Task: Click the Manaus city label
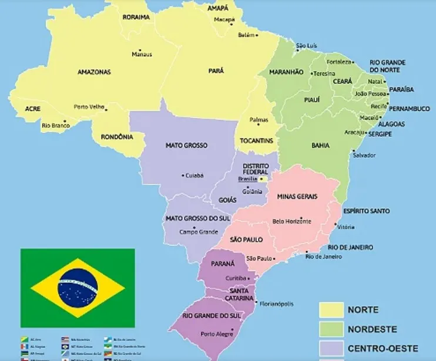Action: [x=142, y=55]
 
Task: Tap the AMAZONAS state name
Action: [x=94, y=72]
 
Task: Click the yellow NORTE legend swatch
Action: [x=331, y=310]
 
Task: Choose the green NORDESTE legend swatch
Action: [x=331, y=329]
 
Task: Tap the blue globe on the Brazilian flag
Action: [x=78, y=288]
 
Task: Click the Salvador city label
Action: [x=364, y=155]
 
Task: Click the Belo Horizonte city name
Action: [x=292, y=221]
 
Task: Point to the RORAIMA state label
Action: [x=136, y=18]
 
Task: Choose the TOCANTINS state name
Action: [x=257, y=141]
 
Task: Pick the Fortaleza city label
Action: [x=339, y=62]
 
